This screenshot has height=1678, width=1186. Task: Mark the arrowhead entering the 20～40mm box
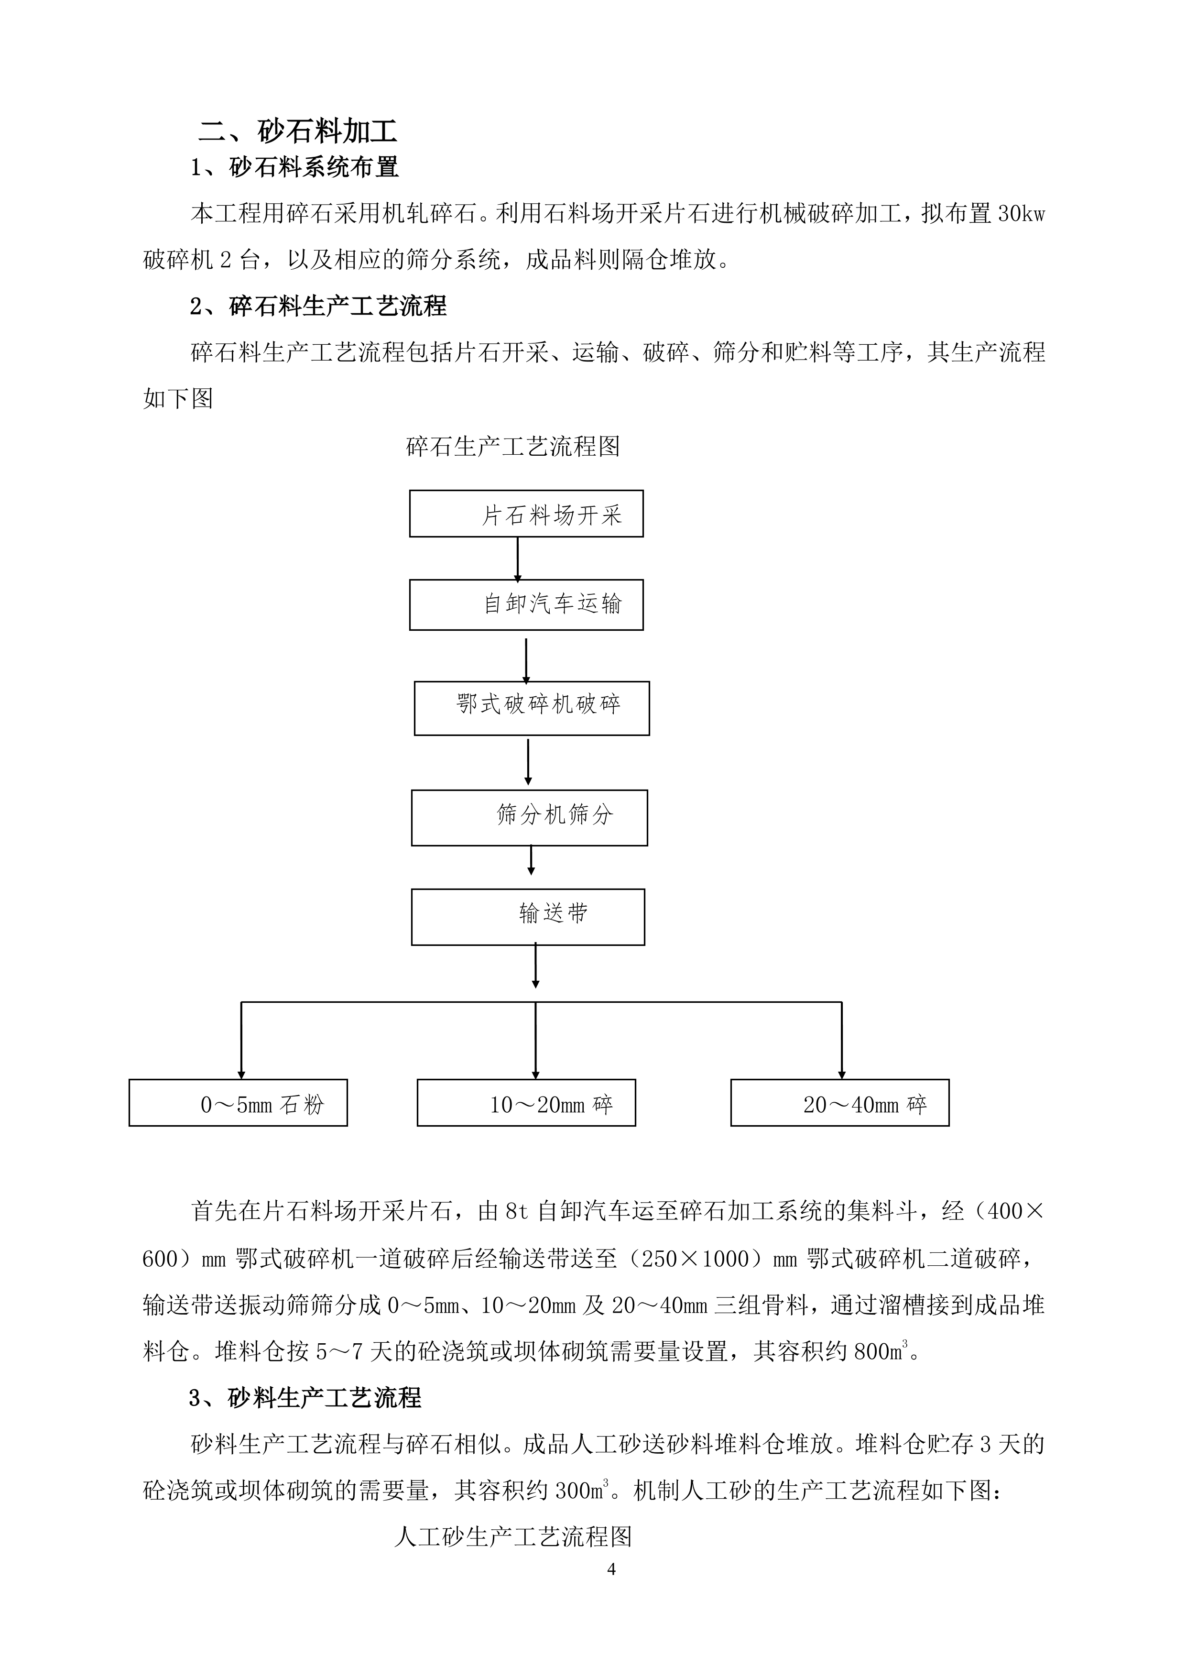pyautogui.click(x=842, y=1075)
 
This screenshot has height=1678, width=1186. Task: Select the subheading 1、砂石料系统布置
pyautogui.click(x=294, y=167)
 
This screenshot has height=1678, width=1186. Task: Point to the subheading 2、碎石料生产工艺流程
pyautogui.click(x=318, y=306)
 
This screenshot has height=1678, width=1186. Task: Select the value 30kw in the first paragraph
pyautogui.click(x=1022, y=214)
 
